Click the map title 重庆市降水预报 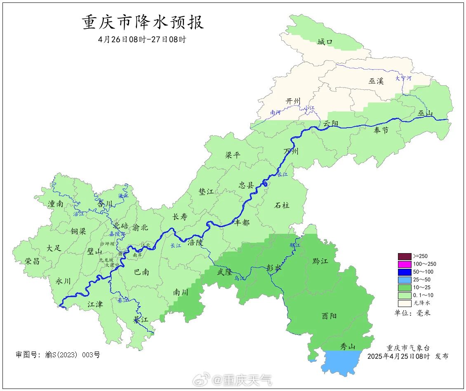[x=143, y=22]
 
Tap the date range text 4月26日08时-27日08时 [x=142, y=40]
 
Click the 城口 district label [x=325, y=42]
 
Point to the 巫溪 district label [x=376, y=81]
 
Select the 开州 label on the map [x=293, y=101]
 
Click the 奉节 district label [x=381, y=131]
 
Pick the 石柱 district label [x=282, y=205]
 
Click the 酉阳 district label [x=329, y=316]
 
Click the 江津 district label [x=95, y=305]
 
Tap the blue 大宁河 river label [x=403, y=78]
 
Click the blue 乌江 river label [x=240, y=279]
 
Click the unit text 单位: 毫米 [x=412, y=313]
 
